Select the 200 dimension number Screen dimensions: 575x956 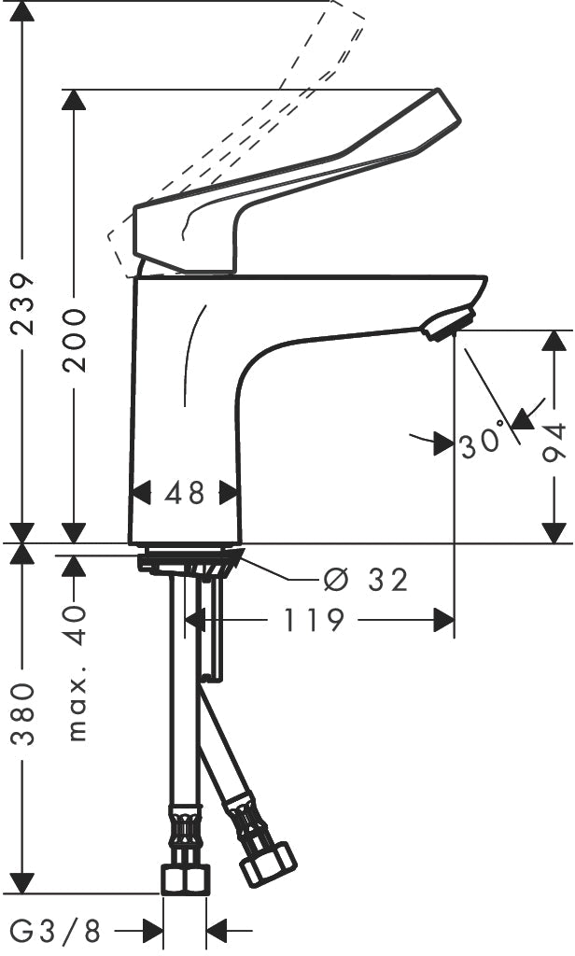[75, 340]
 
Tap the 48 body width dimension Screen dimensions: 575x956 [184, 493]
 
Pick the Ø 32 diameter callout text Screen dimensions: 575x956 [365, 580]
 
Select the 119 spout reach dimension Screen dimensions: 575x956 [314, 620]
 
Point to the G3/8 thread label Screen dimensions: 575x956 [56, 931]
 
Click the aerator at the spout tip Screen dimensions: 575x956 [450, 324]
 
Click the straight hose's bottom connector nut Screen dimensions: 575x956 [186, 879]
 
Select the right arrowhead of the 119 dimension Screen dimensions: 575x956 [444, 620]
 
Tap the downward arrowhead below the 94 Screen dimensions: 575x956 [554, 532]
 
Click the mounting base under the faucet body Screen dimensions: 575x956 [190, 560]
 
